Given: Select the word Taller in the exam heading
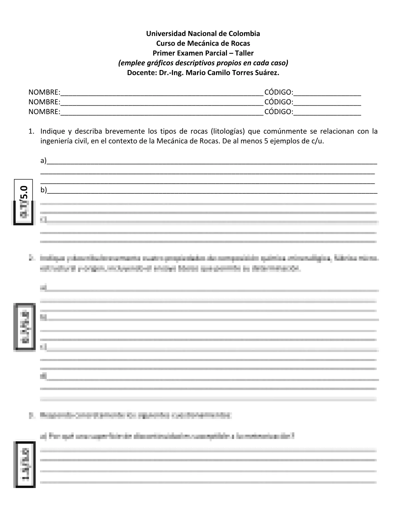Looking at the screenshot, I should point(244,53).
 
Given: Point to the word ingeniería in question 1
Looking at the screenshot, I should point(56,141).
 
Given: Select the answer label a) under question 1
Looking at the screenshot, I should point(44,161).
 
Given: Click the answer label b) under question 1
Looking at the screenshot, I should point(44,190).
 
